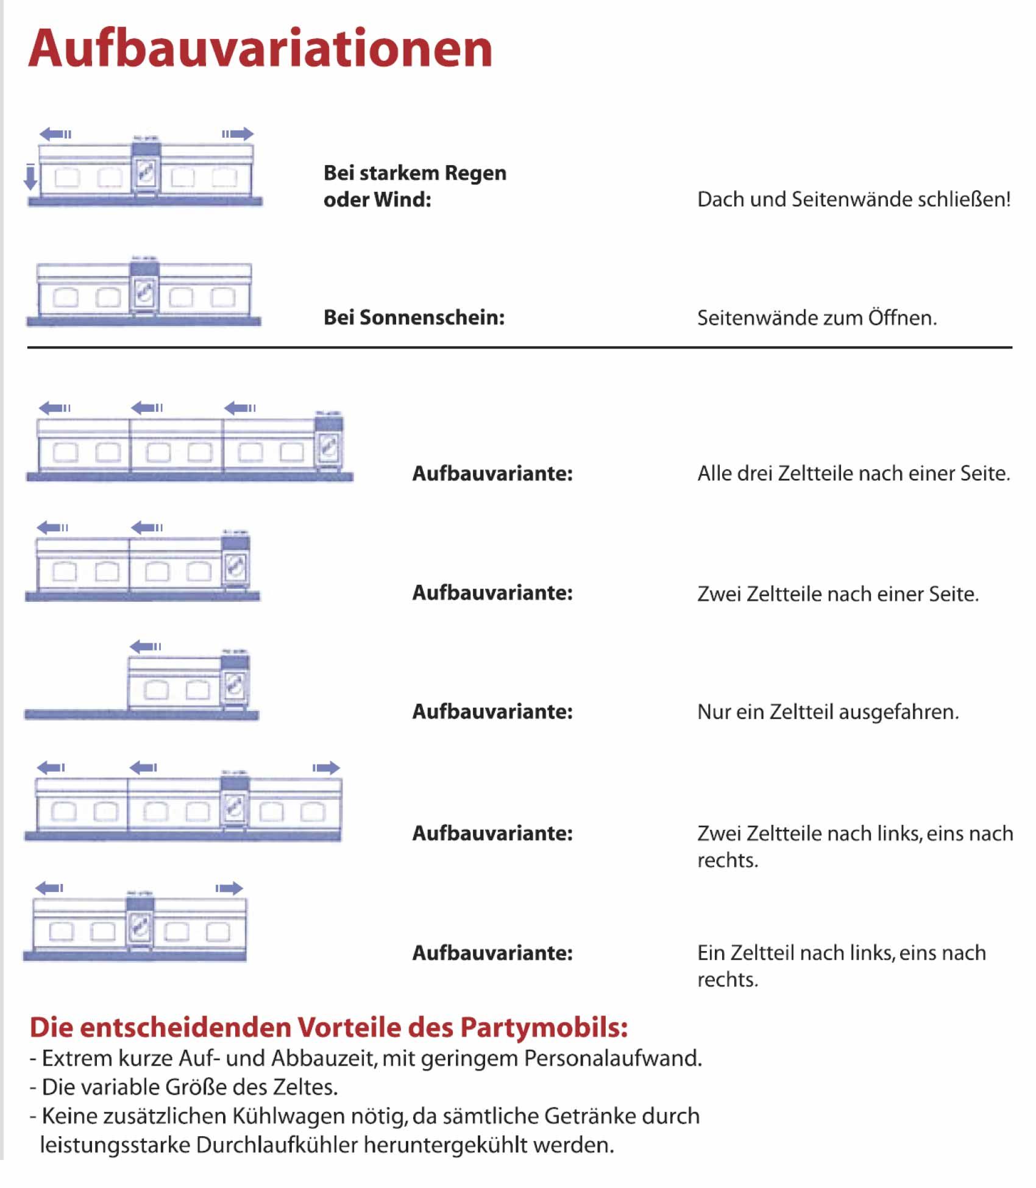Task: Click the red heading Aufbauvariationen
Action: click(x=260, y=49)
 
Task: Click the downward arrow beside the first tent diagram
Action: click(x=30, y=177)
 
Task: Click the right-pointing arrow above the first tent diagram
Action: click(x=238, y=134)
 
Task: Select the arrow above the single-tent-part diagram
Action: click(x=146, y=646)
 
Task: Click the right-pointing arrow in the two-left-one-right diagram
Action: click(x=326, y=768)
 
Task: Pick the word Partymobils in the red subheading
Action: click(x=544, y=1027)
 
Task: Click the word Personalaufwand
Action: click(x=612, y=1058)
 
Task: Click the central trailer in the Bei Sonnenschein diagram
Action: click(x=144, y=290)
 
